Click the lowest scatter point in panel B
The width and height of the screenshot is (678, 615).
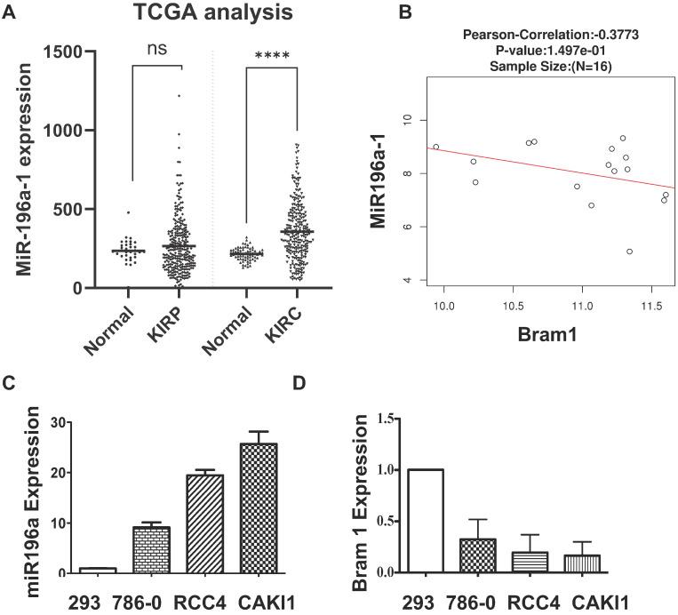point(629,252)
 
